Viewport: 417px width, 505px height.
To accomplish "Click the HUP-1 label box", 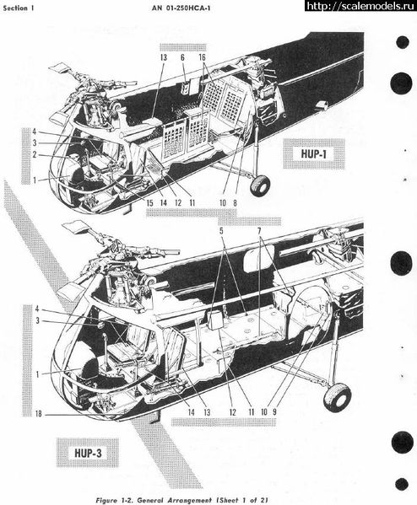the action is point(314,153).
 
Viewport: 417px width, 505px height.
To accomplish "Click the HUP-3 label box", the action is point(88,453).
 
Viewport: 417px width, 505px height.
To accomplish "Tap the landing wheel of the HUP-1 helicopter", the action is point(260,185).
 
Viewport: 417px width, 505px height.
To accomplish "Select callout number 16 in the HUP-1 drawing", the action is point(202,57).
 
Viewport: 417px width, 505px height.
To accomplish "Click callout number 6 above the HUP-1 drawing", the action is point(182,57).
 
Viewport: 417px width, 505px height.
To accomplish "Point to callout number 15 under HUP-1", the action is point(149,203).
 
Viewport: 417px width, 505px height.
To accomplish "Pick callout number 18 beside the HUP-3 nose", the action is point(39,414).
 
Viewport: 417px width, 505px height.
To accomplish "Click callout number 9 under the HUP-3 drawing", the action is point(274,411).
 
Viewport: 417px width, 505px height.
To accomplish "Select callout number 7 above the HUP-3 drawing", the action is point(259,231).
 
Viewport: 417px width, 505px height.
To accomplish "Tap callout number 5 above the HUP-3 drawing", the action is point(221,231).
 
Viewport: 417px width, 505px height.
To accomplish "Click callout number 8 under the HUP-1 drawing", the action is point(235,203).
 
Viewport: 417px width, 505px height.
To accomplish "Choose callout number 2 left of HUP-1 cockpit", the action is point(35,155).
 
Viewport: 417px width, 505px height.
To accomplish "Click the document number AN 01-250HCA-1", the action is point(181,8).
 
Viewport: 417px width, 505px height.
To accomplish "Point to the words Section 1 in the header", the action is point(19,8).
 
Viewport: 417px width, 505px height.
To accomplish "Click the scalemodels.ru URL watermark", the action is point(360,6).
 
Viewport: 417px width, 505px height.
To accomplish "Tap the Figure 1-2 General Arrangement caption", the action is point(182,500).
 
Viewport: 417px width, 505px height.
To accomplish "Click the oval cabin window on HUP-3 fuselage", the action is point(258,255).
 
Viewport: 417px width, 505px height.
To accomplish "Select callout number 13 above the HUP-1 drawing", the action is point(164,57).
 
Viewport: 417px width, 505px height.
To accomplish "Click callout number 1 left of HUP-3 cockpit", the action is point(38,374).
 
